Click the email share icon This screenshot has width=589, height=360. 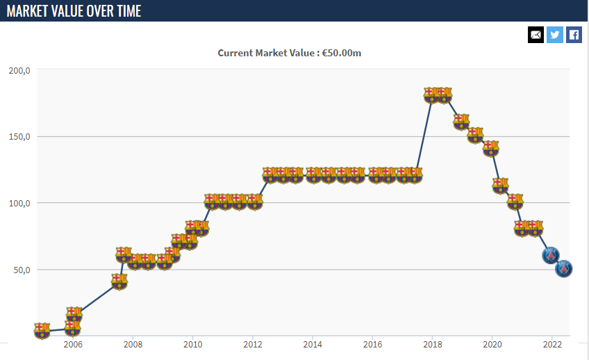click(536, 35)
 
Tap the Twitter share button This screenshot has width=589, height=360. click(555, 35)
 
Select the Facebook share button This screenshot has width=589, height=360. click(574, 35)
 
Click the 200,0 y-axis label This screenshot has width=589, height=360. click(19, 70)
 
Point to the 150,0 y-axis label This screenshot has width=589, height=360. click(19, 137)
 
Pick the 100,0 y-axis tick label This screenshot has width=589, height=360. click(19, 204)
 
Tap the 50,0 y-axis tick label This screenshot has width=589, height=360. click(22, 270)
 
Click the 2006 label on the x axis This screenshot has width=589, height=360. click(73, 344)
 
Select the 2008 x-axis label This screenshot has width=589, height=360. click(133, 344)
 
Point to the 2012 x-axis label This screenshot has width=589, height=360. click(253, 344)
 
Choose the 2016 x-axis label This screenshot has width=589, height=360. click(373, 344)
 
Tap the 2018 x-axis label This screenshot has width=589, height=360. click(433, 344)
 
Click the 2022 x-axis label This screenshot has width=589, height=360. click(552, 344)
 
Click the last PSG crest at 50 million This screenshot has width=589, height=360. click(564, 268)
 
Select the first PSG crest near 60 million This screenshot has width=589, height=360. click(550, 255)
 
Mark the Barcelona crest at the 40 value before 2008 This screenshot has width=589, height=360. click(119, 281)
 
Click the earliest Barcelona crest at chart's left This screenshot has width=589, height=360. click(42, 330)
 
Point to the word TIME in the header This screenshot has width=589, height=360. click(126, 11)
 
